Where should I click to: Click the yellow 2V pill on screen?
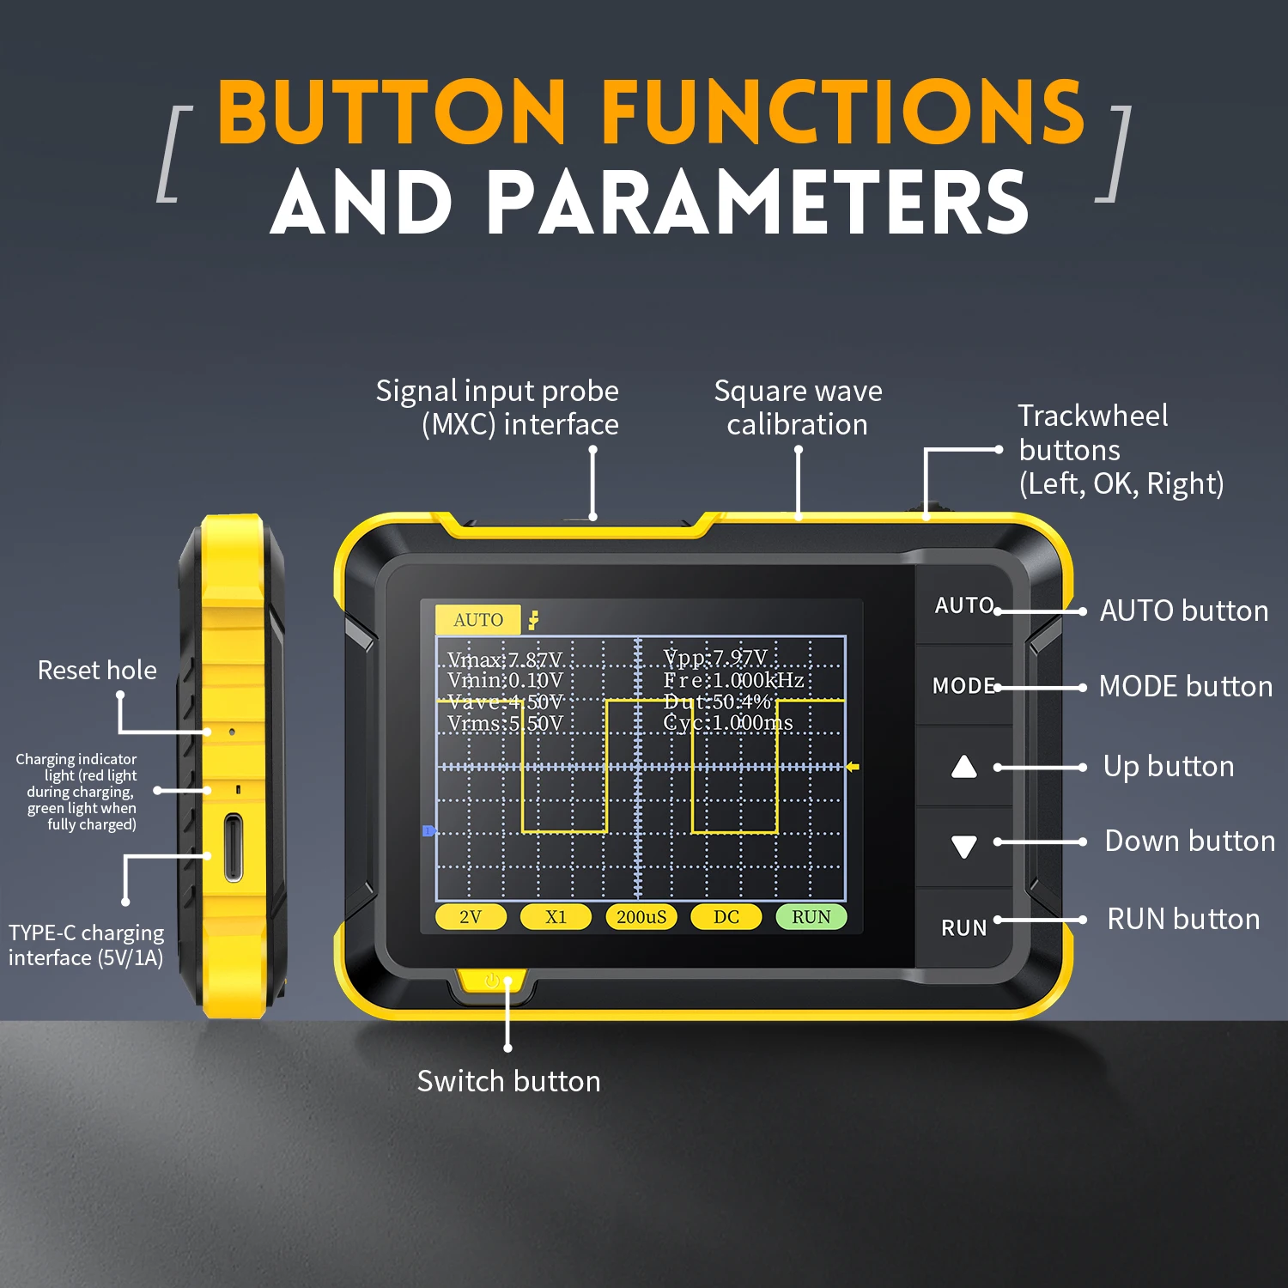click(470, 917)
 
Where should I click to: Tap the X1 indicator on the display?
click(556, 917)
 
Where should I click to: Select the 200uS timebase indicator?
click(641, 917)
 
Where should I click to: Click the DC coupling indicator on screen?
click(726, 917)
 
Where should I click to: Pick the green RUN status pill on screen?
click(811, 917)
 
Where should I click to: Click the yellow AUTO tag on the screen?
click(478, 620)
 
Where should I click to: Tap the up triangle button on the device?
click(964, 767)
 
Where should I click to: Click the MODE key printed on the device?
click(963, 686)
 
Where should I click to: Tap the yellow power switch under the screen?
click(492, 981)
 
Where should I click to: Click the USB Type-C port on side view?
click(233, 848)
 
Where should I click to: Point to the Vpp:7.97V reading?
click(715, 659)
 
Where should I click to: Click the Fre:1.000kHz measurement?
click(733, 680)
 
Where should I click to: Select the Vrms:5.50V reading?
click(505, 724)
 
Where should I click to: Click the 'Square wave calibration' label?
click(798, 408)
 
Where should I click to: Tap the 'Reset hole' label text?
click(97, 670)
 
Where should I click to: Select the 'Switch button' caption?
click(508, 1081)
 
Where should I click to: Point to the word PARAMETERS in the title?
click(757, 203)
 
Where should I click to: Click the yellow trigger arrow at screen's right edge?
click(853, 767)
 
